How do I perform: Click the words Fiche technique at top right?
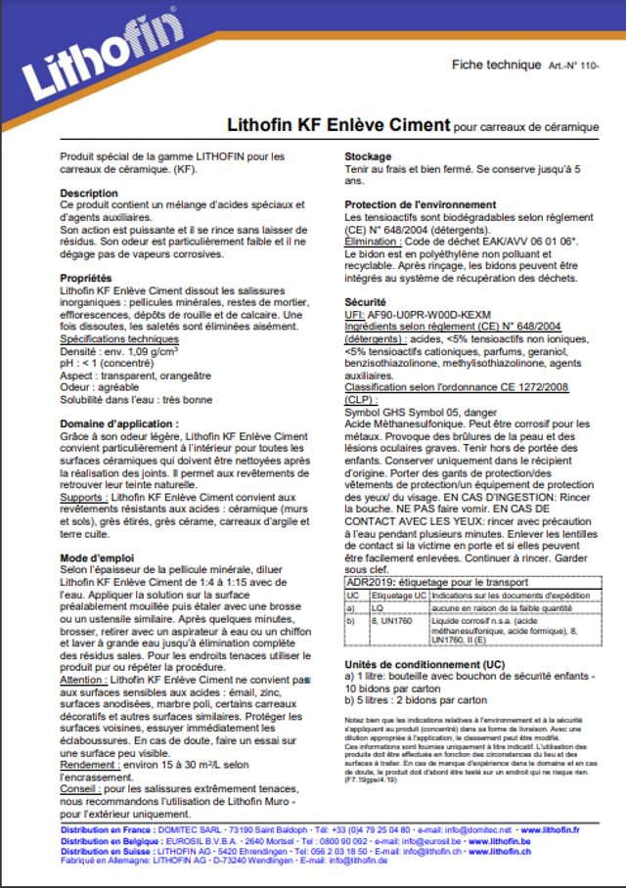[x=495, y=65]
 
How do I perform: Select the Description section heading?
[x=89, y=194]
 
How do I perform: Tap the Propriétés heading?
[x=86, y=279]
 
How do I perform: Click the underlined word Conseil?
[x=78, y=789]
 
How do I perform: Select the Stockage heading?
[x=369, y=156]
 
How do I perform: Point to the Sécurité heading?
[x=367, y=302]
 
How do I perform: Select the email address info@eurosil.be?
[x=427, y=840]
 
